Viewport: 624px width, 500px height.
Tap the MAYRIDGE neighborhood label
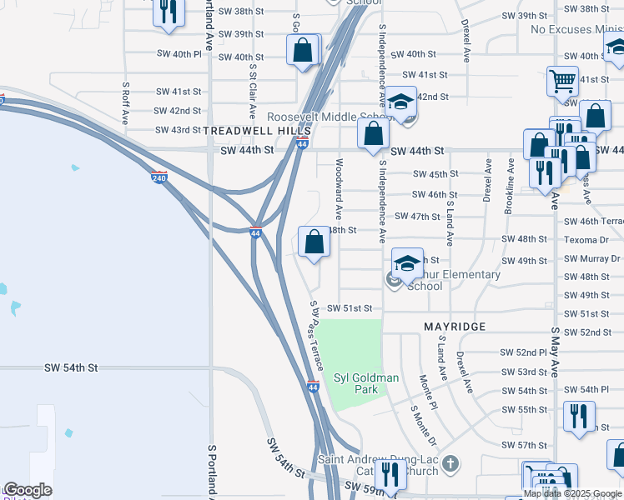point(455,327)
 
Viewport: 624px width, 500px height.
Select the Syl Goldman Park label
point(366,383)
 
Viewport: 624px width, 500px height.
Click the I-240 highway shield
point(159,177)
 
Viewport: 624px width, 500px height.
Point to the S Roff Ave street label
point(125,102)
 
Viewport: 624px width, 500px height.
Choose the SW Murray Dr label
point(591,258)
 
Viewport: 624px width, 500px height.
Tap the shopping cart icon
point(562,82)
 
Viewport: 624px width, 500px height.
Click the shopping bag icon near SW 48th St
point(314,242)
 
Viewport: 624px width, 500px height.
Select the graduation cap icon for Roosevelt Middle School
point(400,102)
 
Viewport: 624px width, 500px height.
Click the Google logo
point(28,491)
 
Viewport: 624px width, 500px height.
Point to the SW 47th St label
point(419,217)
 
